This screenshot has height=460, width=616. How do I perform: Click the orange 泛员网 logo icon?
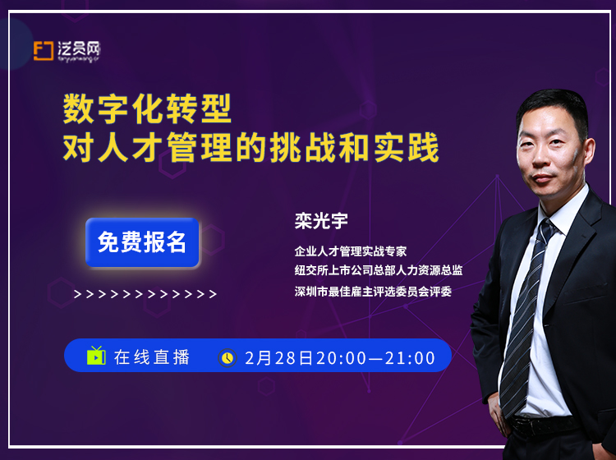pyautogui.click(x=44, y=51)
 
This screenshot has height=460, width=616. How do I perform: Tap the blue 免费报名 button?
pyautogui.click(x=142, y=242)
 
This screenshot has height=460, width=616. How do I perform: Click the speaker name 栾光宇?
pyautogui.click(x=321, y=221)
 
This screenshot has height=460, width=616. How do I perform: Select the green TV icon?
pyautogui.click(x=96, y=356)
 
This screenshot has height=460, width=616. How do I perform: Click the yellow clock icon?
pyautogui.click(x=228, y=357)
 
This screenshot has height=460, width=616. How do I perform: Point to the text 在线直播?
pyautogui.click(x=152, y=357)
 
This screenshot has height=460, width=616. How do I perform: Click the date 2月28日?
pyautogui.click(x=279, y=358)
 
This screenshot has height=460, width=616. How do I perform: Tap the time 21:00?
pyautogui.click(x=410, y=358)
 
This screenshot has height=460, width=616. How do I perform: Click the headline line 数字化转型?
pyautogui.click(x=147, y=108)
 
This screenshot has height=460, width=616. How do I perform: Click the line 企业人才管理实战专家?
pyautogui.click(x=351, y=251)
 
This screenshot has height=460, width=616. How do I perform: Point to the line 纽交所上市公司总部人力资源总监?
pyautogui.click(x=379, y=270)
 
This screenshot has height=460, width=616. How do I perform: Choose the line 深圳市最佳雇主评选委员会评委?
pyautogui.click(x=373, y=291)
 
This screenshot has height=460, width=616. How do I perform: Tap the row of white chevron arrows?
pyautogui.click(x=145, y=294)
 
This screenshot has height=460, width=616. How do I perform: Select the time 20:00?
pyautogui.click(x=341, y=358)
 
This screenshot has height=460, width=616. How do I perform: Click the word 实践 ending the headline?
pyautogui.click(x=407, y=147)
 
